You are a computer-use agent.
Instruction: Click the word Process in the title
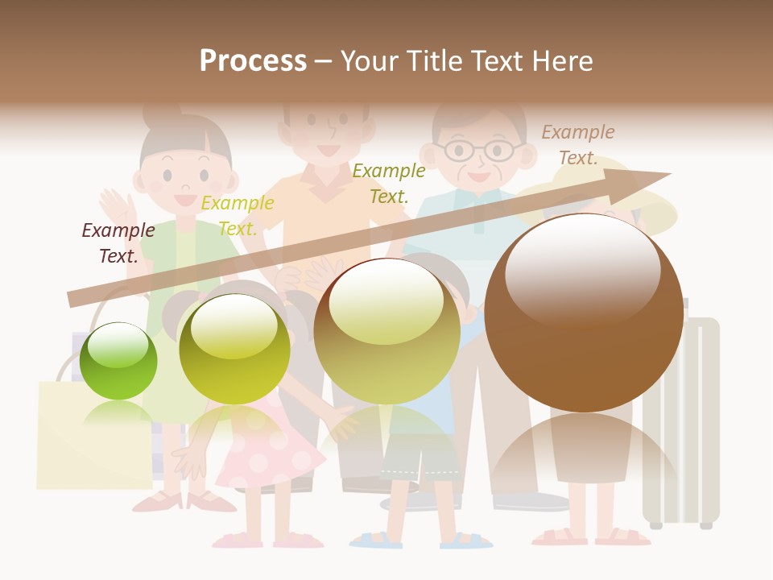pos(253,61)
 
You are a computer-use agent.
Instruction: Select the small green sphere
pos(118,361)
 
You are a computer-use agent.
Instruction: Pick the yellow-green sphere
pos(234,349)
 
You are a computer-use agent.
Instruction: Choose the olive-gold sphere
pos(386,330)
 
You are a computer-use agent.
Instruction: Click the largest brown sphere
pos(583,313)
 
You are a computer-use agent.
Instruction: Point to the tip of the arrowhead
pos(670,173)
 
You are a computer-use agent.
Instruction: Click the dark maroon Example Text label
pos(118,242)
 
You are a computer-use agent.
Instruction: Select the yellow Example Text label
pos(238,216)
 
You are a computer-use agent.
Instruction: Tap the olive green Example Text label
pos(389,183)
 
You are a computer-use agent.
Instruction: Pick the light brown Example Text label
pos(578,144)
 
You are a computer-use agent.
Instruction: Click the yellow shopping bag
pos(93,435)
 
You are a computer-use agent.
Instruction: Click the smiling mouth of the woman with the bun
pos(184,198)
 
